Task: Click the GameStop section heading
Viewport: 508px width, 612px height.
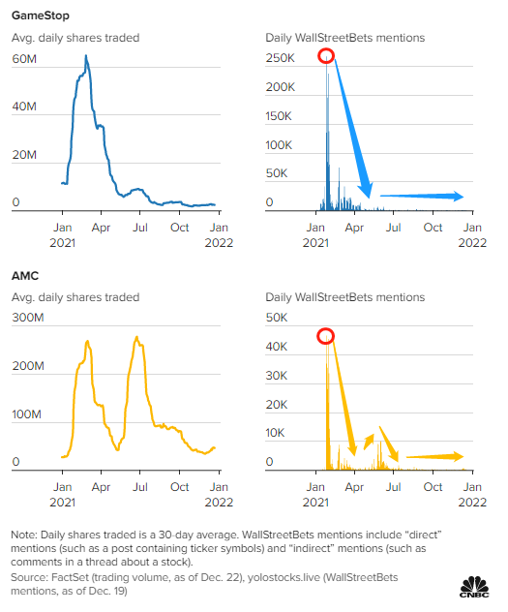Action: click(x=41, y=15)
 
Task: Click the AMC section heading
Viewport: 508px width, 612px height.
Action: click(x=25, y=276)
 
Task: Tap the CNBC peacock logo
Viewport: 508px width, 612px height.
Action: click(x=474, y=587)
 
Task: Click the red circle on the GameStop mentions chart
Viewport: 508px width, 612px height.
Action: click(x=326, y=56)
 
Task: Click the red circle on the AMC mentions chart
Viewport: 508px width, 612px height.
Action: click(x=325, y=336)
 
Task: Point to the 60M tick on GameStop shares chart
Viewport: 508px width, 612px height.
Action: click(x=24, y=59)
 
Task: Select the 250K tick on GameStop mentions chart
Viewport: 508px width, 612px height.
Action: click(x=280, y=58)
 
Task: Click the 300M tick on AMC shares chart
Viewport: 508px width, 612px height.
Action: click(x=28, y=318)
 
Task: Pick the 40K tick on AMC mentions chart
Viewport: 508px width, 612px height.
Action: click(x=277, y=347)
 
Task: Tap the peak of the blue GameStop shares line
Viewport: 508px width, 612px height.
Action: click(x=86, y=56)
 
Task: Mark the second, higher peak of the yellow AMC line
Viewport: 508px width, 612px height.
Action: click(x=136, y=337)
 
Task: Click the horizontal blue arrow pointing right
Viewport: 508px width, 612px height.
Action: click(x=422, y=196)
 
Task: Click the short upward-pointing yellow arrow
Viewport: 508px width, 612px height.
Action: click(x=369, y=442)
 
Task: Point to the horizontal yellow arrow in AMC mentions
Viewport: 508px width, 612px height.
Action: click(x=434, y=456)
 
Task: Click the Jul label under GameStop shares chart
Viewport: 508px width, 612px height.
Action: click(x=140, y=228)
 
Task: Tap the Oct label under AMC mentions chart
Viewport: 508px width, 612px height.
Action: click(x=433, y=487)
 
